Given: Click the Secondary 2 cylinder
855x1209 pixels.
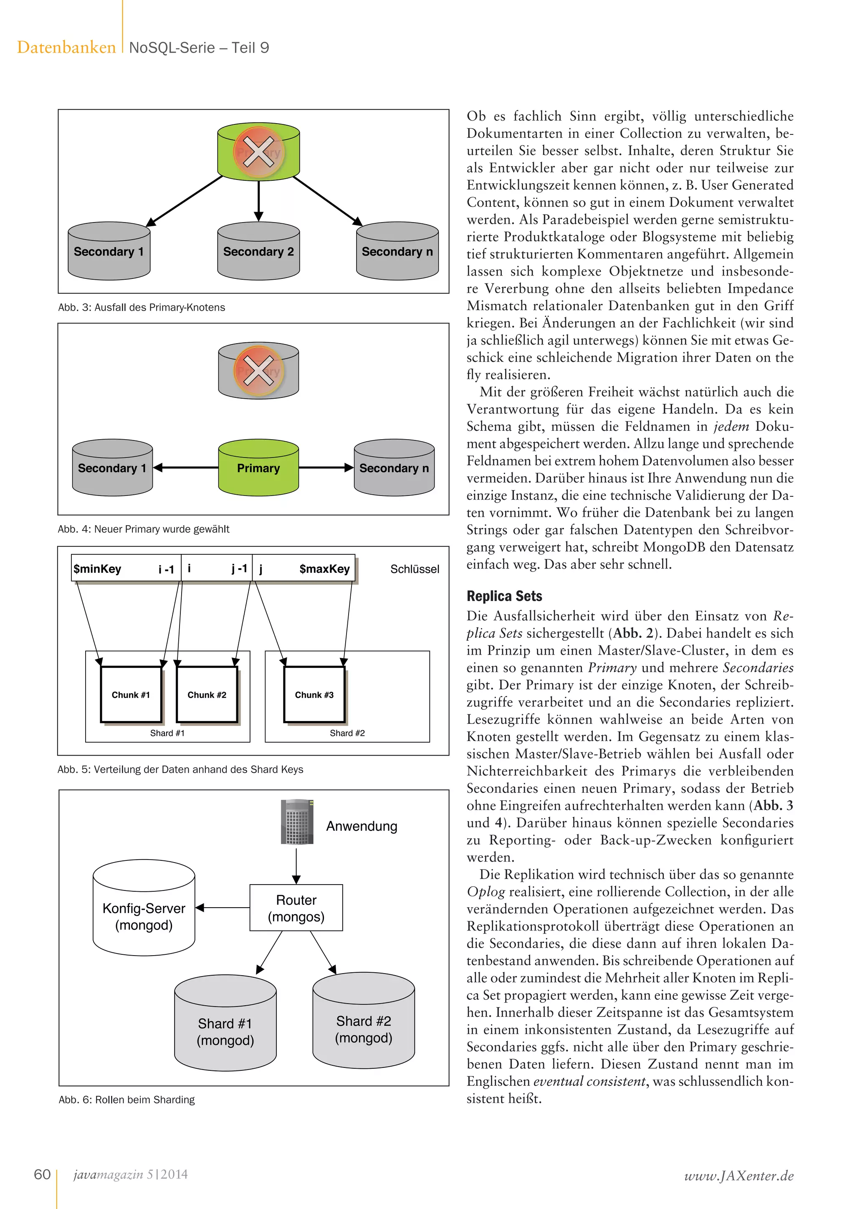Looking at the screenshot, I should tap(258, 251).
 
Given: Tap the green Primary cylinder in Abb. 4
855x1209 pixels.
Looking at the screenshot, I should tap(258, 468).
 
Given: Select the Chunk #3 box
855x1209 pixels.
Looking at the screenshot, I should tap(314, 695).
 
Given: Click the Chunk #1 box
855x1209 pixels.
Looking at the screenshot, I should tap(131, 695).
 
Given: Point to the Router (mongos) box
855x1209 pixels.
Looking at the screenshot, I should tap(296, 908).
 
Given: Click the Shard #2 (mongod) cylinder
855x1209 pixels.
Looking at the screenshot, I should tap(363, 1029).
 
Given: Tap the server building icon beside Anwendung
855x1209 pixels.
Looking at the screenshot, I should tap(297, 822).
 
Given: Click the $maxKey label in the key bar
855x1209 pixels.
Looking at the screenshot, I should tap(324, 569).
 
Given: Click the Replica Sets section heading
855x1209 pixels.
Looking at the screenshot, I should tap(504, 596).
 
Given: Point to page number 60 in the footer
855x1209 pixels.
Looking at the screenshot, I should tap(42, 1174).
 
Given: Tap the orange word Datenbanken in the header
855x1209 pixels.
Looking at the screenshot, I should tap(66, 48).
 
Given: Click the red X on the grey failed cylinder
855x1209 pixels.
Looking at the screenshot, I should tap(258, 371).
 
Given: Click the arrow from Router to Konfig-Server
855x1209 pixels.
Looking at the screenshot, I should tap(223, 908).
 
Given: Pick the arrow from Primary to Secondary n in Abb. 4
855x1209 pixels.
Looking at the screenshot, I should tap(326, 468).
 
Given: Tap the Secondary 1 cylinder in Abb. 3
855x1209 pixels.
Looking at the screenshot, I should tap(109, 251).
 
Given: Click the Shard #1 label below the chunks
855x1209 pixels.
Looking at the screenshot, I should tap(167, 733).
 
